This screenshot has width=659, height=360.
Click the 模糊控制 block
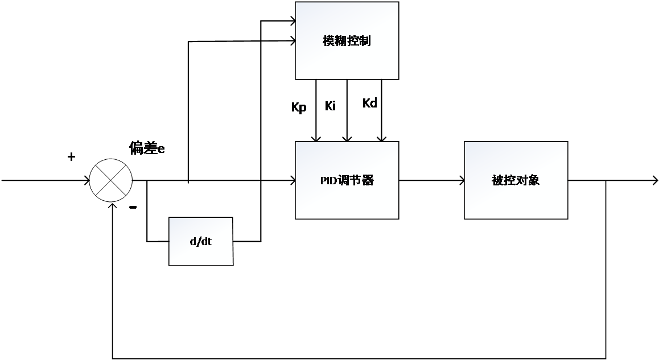coord(347,41)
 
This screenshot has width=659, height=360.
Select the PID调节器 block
coord(347,180)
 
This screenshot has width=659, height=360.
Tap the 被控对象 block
coord(516,180)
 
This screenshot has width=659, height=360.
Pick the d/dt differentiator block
coord(200,241)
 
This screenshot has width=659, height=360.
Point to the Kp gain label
coord(298,107)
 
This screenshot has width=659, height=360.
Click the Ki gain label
coord(331,106)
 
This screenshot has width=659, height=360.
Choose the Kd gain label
coord(369,103)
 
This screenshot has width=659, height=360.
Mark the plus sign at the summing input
coord(71,157)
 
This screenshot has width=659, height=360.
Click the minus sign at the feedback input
coord(133,208)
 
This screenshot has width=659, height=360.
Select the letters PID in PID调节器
coord(329,181)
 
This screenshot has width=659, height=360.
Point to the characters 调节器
coord(356,181)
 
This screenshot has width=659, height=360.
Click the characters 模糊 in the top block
coord(335,41)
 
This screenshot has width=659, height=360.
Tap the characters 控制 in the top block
coord(359,41)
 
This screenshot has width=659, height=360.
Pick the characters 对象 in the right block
coord(528,180)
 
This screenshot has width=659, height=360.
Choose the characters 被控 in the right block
coord(504,180)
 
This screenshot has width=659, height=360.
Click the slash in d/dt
coord(200,242)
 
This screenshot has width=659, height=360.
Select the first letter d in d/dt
coord(192,242)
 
